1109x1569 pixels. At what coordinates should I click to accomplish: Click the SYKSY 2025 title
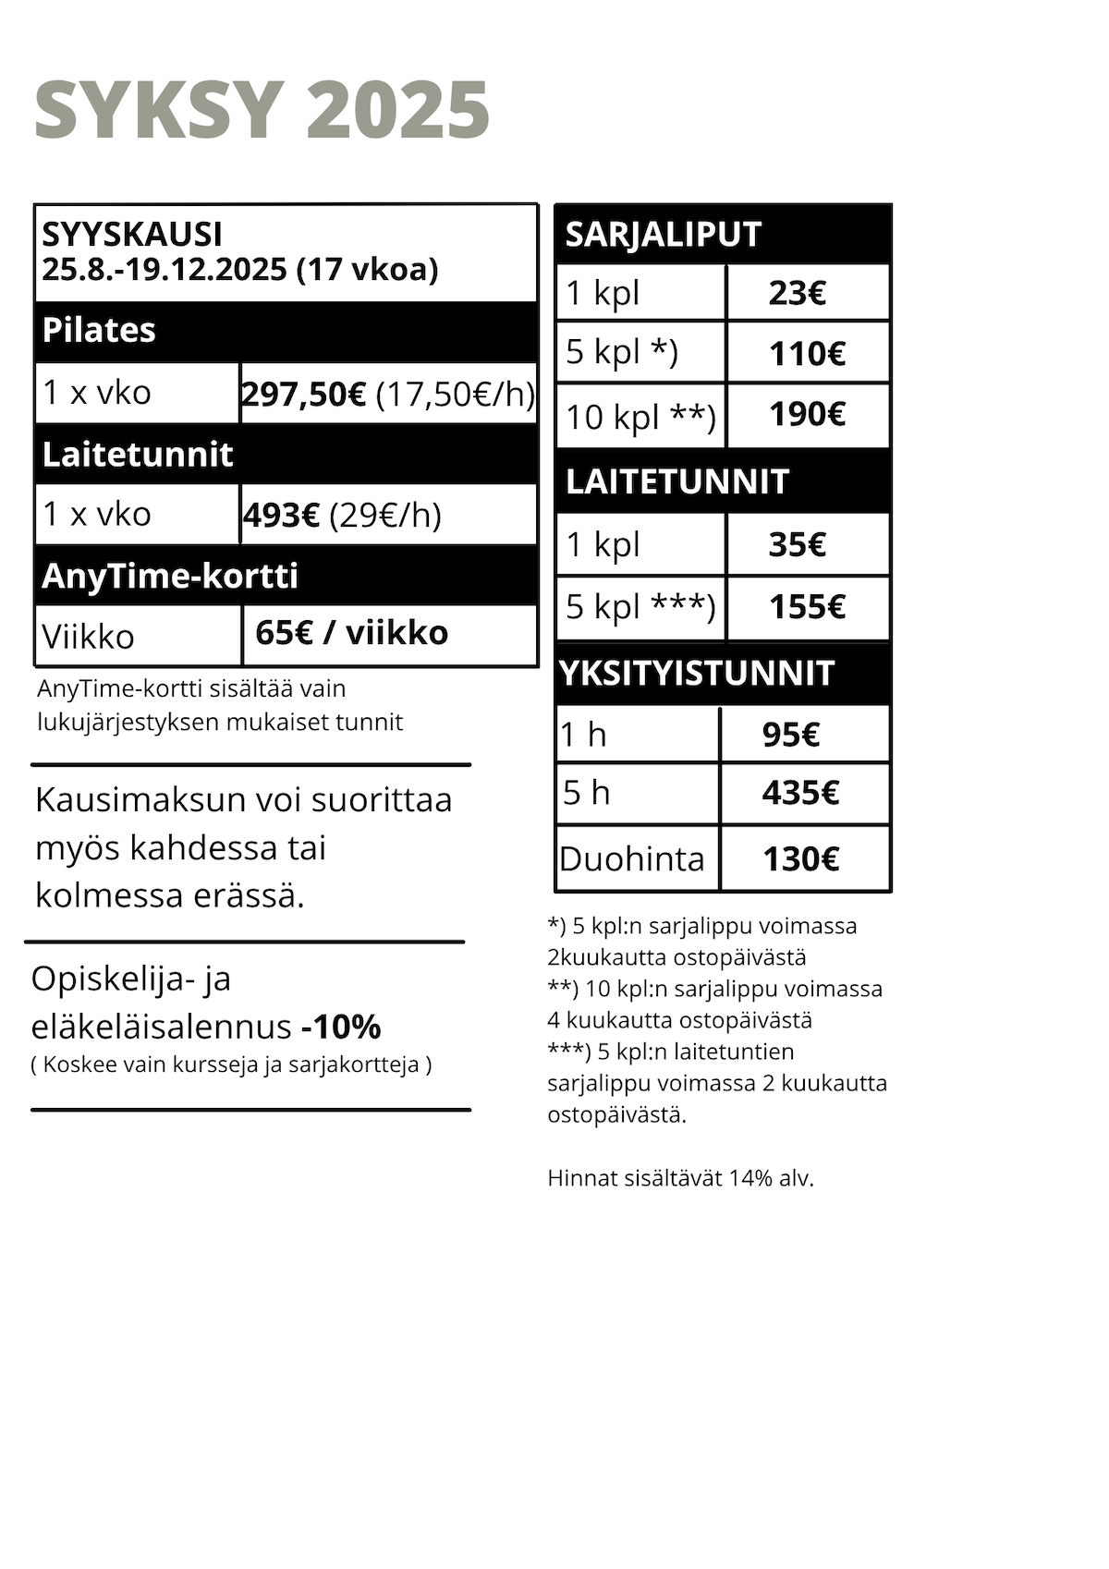[262, 111]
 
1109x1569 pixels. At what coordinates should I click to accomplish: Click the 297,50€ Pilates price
[304, 395]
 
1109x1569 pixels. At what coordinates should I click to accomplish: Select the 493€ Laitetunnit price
[282, 515]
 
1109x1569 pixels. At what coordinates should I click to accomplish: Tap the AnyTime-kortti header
[170, 576]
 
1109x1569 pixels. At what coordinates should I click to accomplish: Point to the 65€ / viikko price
[351, 633]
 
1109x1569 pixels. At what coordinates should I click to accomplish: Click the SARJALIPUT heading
[663, 235]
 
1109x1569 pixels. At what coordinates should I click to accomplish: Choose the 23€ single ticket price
[797, 294]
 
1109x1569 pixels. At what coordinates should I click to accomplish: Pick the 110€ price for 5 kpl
[807, 353]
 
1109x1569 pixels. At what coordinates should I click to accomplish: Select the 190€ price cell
[807, 414]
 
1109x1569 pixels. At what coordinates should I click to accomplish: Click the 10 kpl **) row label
[640, 417]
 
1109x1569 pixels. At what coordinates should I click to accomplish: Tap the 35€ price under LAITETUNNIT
[797, 544]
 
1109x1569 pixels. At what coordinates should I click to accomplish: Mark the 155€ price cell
[807, 607]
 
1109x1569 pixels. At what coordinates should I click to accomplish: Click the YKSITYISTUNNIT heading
[697, 674]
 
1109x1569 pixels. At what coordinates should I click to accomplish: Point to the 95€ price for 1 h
[791, 735]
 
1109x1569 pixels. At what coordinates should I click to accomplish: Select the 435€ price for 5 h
[800, 793]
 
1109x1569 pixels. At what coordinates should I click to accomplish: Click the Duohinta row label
[632, 859]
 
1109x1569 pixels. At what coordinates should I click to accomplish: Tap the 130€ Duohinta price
[800, 859]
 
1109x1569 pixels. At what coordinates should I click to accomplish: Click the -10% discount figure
[341, 1027]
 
